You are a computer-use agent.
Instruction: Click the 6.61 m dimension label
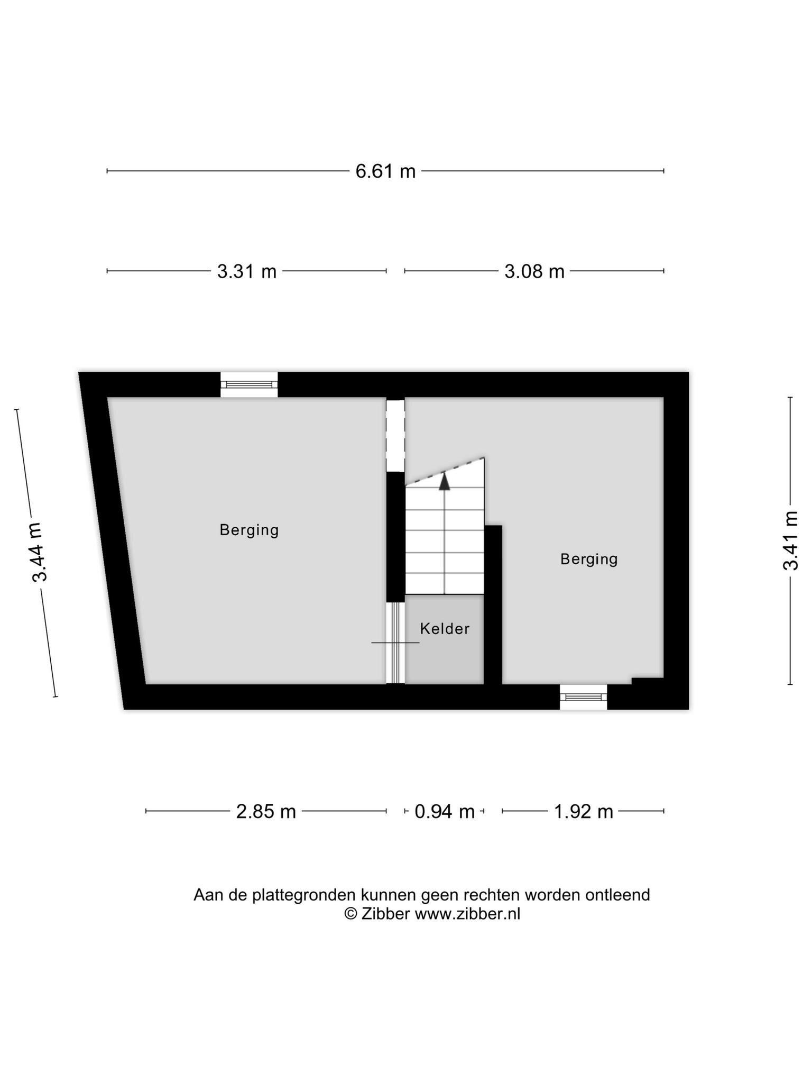click(x=385, y=171)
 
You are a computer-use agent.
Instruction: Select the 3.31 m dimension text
click(x=247, y=271)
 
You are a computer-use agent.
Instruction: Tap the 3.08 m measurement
click(x=534, y=271)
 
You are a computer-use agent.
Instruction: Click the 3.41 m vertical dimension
click(x=790, y=540)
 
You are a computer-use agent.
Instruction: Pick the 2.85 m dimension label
click(x=266, y=811)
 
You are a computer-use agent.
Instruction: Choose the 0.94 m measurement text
click(x=445, y=811)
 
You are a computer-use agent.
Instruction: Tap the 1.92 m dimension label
click(x=584, y=811)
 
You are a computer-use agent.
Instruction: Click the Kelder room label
click(x=445, y=629)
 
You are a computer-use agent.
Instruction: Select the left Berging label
click(x=249, y=530)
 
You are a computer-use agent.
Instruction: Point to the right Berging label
click(x=589, y=559)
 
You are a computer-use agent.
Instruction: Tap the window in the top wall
click(x=249, y=384)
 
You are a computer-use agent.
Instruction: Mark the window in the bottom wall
click(x=584, y=697)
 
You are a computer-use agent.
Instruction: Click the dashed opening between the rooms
click(x=395, y=435)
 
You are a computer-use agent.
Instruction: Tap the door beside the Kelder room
click(x=395, y=643)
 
